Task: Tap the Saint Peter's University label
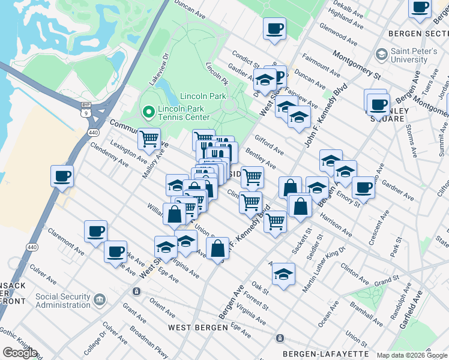pyautogui.click(x=418, y=56)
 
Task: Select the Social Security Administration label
pyautogui.click(x=63, y=301)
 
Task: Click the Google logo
pyautogui.click(x=20, y=353)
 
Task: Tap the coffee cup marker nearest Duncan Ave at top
pyautogui.click(x=274, y=29)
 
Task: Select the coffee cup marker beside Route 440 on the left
pyautogui.click(x=62, y=177)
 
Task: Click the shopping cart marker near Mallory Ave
pyautogui.click(x=149, y=139)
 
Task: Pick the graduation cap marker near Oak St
pyautogui.click(x=283, y=274)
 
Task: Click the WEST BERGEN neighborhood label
pyautogui.click(x=197, y=328)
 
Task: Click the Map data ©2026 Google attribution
pyautogui.click(x=412, y=355)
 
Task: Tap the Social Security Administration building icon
pyautogui.click(x=99, y=298)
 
